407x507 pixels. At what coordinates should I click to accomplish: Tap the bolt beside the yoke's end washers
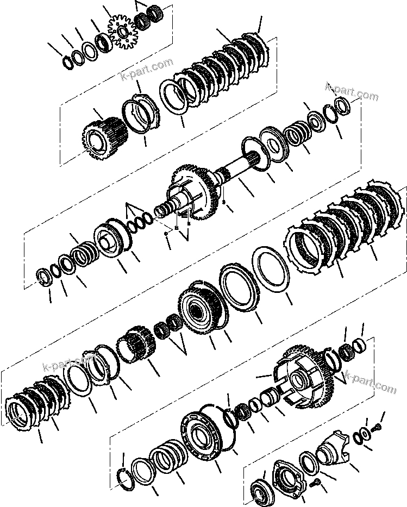pos(374,428)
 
